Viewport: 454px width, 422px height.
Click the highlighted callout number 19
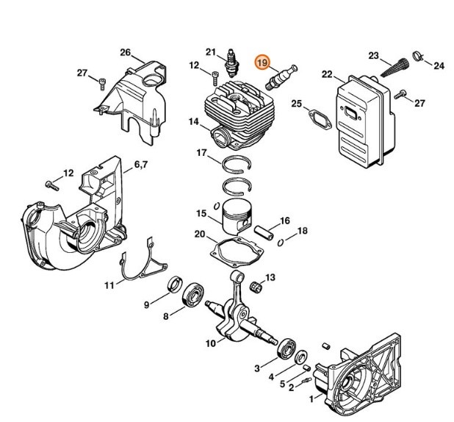(x=263, y=63)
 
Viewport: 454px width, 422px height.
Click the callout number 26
(x=125, y=52)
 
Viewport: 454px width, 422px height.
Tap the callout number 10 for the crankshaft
(x=209, y=343)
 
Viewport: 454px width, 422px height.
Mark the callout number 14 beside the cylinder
(x=192, y=122)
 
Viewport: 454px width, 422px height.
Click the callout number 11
(x=108, y=285)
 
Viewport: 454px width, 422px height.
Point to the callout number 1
(x=311, y=399)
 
